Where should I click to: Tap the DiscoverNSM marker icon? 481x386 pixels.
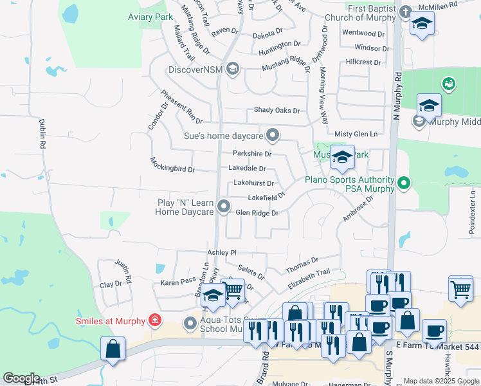pyautogui.click(x=232, y=69)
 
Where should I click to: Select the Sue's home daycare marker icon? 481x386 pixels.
pyautogui.click(x=273, y=135)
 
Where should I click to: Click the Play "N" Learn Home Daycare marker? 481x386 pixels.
pyautogui.click(x=224, y=207)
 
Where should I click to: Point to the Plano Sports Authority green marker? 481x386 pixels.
pyautogui.click(x=404, y=184)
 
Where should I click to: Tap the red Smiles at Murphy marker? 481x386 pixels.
pyautogui.click(x=154, y=320)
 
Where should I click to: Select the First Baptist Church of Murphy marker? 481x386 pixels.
pyautogui.click(x=405, y=12)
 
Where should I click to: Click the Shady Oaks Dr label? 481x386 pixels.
pyautogui.click(x=277, y=111)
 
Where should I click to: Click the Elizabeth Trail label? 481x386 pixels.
pyautogui.click(x=309, y=278)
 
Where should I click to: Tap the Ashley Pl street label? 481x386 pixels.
pyautogui.click(x=222, y=253)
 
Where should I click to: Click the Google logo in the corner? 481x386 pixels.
pyautogui.click(x=21, y=378)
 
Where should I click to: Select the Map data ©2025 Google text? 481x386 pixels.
pyautogui.click(x=440, y=381)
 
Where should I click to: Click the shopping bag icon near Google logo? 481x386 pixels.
pyautogui.click(x=113, y=349)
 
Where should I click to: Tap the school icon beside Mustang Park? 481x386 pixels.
pyautogui.click(x=342, y=157)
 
